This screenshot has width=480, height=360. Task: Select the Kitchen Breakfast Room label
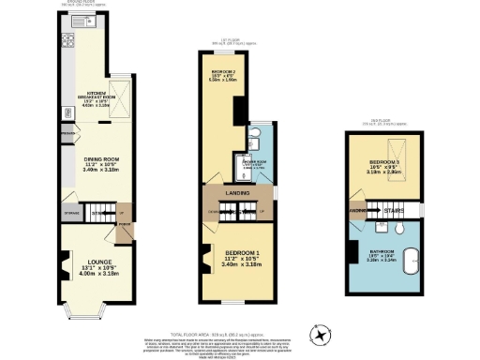(x=101, y=97)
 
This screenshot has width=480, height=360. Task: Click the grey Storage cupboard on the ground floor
(x=71, y=214)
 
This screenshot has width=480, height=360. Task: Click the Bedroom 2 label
(x=223, y=74)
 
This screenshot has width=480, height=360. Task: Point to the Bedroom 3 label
(x=384, y=167)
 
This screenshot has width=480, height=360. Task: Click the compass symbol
(x=321, y=331)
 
